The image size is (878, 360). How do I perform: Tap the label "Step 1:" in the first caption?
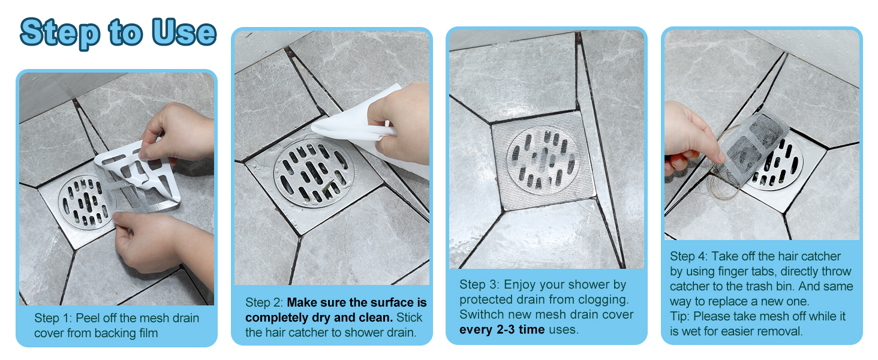[x=55, y=318]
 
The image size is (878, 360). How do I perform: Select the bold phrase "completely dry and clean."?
[x=319, y=317]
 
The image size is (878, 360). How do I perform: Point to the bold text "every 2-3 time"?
[x=502, y=329]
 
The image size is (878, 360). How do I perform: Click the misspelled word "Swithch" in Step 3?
[x=482, y=314]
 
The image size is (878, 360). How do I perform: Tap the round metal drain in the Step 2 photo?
[x=309, y=172]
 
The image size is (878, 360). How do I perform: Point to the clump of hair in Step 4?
[x=720, y=186]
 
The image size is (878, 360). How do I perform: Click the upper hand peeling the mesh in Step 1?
[x=180, y=132]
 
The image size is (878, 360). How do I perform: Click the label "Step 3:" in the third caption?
[x=480, y=284]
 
